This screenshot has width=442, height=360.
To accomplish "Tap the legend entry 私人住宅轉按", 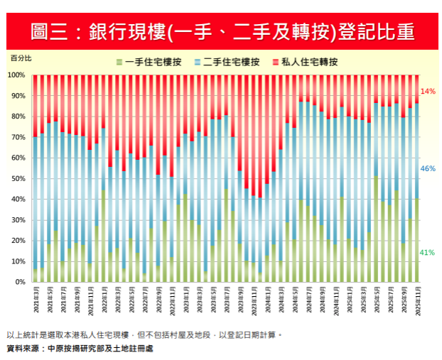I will [310, 62].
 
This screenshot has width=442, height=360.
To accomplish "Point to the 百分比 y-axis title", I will [20, 57].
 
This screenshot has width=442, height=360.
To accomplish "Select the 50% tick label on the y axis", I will [18, 179].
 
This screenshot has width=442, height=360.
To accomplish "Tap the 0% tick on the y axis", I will [20, 283].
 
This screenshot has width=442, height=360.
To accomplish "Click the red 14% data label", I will [428, 92].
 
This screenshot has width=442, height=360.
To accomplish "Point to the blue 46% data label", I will [428, 169].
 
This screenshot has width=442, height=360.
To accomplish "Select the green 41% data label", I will [428, 253].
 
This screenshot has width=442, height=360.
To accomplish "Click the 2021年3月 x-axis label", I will [34, 302].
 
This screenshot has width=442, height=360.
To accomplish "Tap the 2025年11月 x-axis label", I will [416, 302].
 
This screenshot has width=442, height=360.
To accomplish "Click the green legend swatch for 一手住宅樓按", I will [121, 62].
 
